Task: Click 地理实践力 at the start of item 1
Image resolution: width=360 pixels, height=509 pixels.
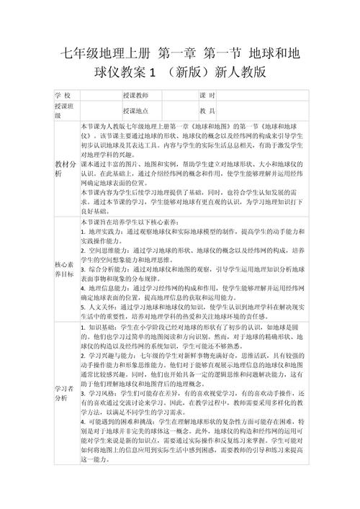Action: click(x=107, y=233)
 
